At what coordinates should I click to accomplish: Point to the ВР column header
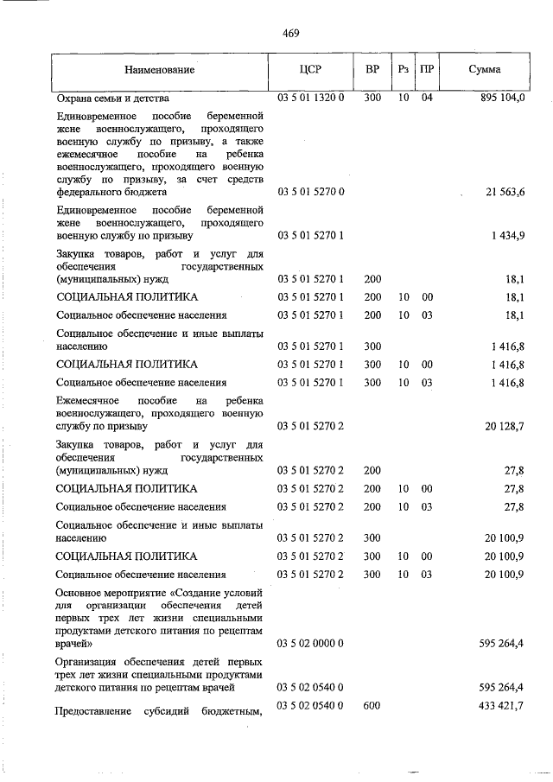click(372, 69)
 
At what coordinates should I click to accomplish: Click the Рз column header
click(403, 69)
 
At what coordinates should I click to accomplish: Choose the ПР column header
click(427, 69)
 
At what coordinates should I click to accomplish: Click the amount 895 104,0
click(501, 99)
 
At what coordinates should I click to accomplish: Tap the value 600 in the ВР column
click(372, 707)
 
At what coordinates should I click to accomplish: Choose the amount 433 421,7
click(501, 707)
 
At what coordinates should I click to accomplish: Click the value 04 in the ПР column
click(427, 99)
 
